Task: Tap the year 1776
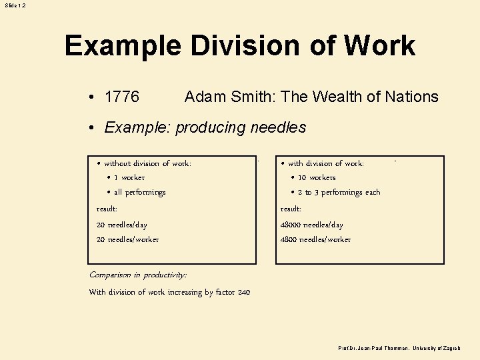[122, 97]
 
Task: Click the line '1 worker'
[129, 178]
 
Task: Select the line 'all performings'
[139, 193]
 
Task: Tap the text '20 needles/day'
[122, 225]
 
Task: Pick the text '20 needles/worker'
[128, 240]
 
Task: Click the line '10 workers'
[317, 178]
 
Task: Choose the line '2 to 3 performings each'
[339, 193]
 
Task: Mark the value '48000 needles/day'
[312, 225]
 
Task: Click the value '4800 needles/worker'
[315, 240]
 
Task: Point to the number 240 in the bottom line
[243, 293]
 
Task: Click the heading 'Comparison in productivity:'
[138, 275]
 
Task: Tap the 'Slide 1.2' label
[15, 5]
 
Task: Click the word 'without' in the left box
[117, 163]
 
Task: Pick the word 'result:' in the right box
[291, 209]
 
